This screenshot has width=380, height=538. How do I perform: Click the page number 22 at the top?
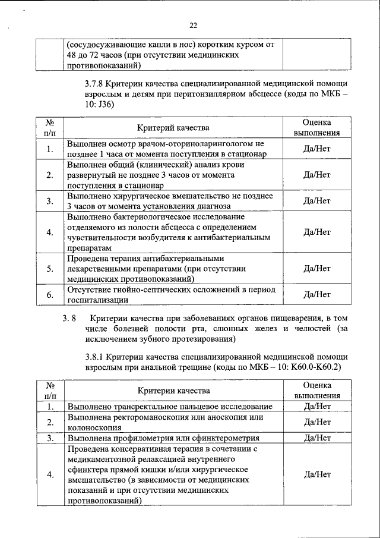click(x=193, y=26)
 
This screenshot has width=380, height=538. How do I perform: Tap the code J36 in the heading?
click(x=104, y=105)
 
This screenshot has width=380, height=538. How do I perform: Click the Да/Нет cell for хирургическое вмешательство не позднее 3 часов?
click(x=316, y=200)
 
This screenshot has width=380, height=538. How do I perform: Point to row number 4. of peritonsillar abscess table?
click(x=50, y=232)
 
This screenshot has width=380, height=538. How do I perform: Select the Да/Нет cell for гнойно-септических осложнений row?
click(x=316, y=294)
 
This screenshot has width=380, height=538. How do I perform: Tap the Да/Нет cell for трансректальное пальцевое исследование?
click(x=316, y=406)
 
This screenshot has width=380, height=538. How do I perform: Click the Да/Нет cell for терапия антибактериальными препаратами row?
click(x=316, y=268)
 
